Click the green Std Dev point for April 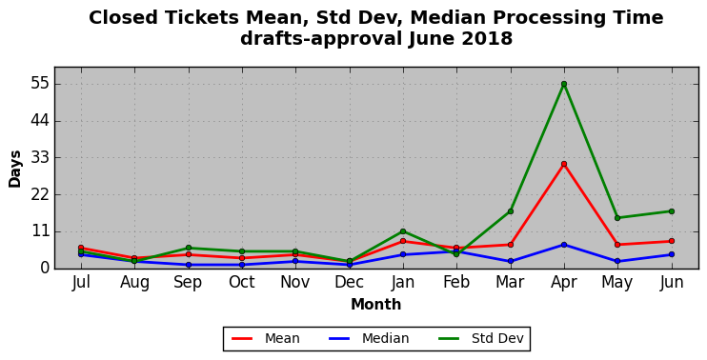click(564, 84)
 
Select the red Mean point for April click(564, 164)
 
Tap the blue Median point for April click(564, 245)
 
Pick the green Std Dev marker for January click(403, 231)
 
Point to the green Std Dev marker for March click(511, 211)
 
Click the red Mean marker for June click(672, 241)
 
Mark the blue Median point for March click(511, 261)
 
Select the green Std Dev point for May click(617, 218)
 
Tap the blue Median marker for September click(189, 265)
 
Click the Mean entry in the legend click(265, 338)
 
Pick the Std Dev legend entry click(480, 338)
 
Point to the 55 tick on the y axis click(41, 85)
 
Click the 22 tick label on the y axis click(41, 195)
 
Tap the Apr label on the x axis click(564, 283)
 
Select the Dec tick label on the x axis click(349, 283)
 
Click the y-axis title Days click(15, 169)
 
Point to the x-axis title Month click(376, 305)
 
